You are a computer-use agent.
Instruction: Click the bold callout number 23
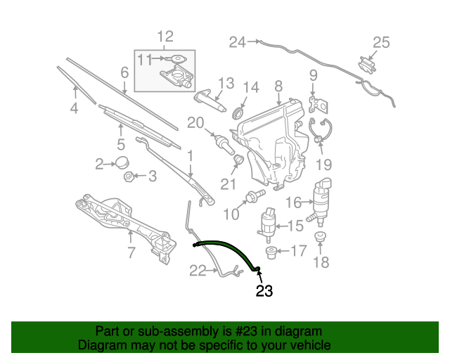(x=264, y=291)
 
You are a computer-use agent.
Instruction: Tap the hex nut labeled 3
(x=128, y=176)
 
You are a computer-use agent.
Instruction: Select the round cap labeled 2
(x=122, y=162)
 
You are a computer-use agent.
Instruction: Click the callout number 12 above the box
(x=166, y=37)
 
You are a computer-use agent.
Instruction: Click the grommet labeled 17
(x=271, y=252)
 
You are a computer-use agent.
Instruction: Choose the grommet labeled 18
(x=320, y=236)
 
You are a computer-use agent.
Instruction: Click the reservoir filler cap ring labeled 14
(x=238, y=112)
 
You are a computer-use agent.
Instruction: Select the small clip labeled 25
(x=367, y=65)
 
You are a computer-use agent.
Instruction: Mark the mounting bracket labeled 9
(x=318, y=105)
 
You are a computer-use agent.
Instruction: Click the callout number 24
(x=238, y=42)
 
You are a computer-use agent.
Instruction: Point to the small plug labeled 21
(x=238, y=159)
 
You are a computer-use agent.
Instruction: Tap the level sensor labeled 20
(x=225, y=144)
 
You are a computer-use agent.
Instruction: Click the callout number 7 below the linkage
(x=131, y=252)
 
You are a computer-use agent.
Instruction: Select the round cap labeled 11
(x=176, y=59)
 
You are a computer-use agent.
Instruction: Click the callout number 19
(x=323, y=165)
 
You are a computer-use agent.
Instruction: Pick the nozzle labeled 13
(x=210, y=100)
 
